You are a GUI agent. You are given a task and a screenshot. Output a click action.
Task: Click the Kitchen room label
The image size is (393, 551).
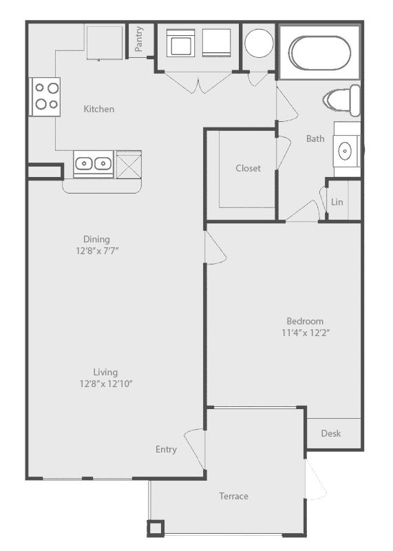coord(98,109)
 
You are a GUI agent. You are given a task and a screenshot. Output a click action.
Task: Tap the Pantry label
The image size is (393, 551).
coord(140,39)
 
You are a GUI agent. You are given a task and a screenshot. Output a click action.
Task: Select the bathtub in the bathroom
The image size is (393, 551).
coord(319,53)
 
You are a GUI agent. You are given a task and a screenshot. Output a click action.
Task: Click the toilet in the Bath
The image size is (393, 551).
coord(341,100)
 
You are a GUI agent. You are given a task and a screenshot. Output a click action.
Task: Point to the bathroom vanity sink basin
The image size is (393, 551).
coord(345,151)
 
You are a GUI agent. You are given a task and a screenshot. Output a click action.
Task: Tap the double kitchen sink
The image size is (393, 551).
coord(94,163)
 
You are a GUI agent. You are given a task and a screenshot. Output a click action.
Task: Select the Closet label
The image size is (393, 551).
coord(248,168)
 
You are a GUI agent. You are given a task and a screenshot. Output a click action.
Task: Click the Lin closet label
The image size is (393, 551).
coord(337,202)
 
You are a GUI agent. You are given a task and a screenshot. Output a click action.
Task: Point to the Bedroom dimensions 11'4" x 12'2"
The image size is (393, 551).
coord(305,333)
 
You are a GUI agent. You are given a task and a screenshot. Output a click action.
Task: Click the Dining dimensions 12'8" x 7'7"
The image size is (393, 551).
coord(97,251)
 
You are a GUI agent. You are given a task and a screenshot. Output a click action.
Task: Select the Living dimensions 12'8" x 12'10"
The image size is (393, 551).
coord(106,384)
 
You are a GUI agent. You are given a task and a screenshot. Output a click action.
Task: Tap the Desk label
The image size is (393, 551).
coord(331,433)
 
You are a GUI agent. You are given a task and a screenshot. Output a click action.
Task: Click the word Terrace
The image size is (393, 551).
coord(233,496)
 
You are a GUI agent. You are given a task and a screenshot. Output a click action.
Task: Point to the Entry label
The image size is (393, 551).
coord(166,450)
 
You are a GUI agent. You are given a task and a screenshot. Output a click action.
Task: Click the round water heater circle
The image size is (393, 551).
coord(259,43)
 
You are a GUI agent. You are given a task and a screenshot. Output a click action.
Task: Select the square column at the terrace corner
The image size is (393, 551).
coord(156,528)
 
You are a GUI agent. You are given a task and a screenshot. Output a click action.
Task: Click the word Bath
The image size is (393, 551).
coord(315,139)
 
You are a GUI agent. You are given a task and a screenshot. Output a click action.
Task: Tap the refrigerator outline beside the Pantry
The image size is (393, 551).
coord(105,43)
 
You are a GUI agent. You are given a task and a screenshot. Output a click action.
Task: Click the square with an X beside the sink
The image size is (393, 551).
coord(129,165)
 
